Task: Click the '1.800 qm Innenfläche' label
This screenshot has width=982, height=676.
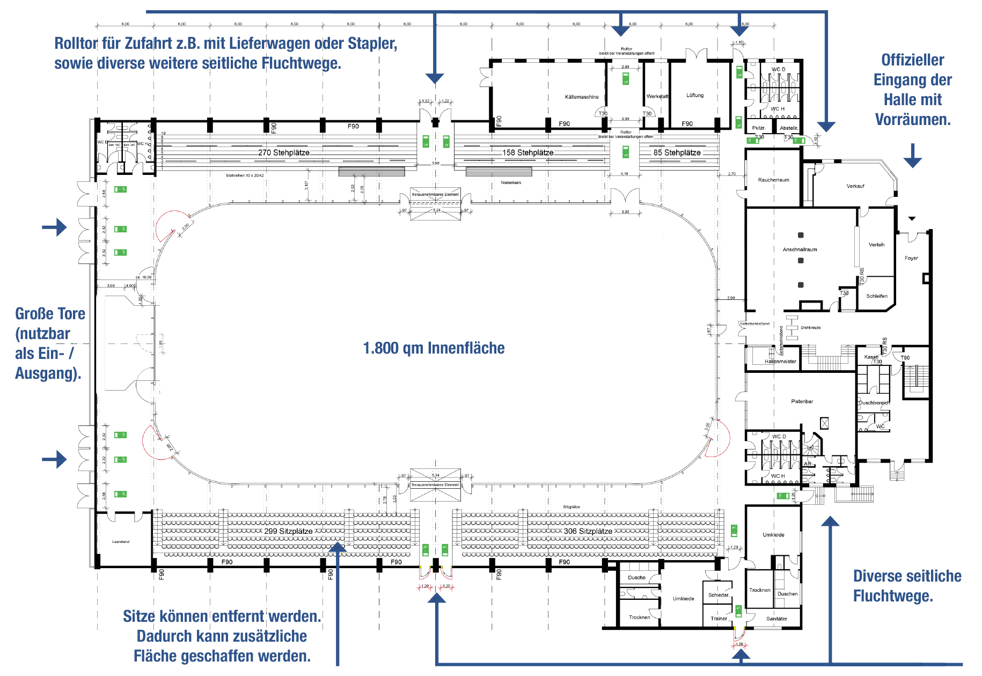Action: click(x=434, y=348)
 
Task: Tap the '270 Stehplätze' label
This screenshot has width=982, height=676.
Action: click(x=283, y=153)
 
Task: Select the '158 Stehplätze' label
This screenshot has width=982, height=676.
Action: click(x=527, y=153)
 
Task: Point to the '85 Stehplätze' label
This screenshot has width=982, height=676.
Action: click(x=677, y=153)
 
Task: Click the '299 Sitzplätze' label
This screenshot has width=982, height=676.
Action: click(x=288, y=531)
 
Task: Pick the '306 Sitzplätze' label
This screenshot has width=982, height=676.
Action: click(x=588, y=531)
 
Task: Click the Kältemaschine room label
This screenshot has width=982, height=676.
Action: click(x=582, y=97)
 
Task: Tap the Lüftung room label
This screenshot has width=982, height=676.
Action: click(x=695, y=95)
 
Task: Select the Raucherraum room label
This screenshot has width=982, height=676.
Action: click(x=773, y=180)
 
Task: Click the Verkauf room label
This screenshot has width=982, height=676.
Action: click(x=855, y=186)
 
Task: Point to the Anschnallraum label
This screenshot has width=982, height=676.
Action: click(x=800, y=249)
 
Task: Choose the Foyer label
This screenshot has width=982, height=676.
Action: click(x=911, y=258)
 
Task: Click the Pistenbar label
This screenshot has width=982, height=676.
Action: click(x=802, y=401)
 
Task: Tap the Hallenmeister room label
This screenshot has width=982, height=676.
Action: click(x=780, y=362)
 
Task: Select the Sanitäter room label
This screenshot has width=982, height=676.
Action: click(x=776, y=619)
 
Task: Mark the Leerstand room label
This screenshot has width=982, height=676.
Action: click(x=121, y=542)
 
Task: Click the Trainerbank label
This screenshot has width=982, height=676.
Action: click(x=511, y=183)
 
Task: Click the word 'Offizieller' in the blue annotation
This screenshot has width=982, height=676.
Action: click(x=912, y=60)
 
